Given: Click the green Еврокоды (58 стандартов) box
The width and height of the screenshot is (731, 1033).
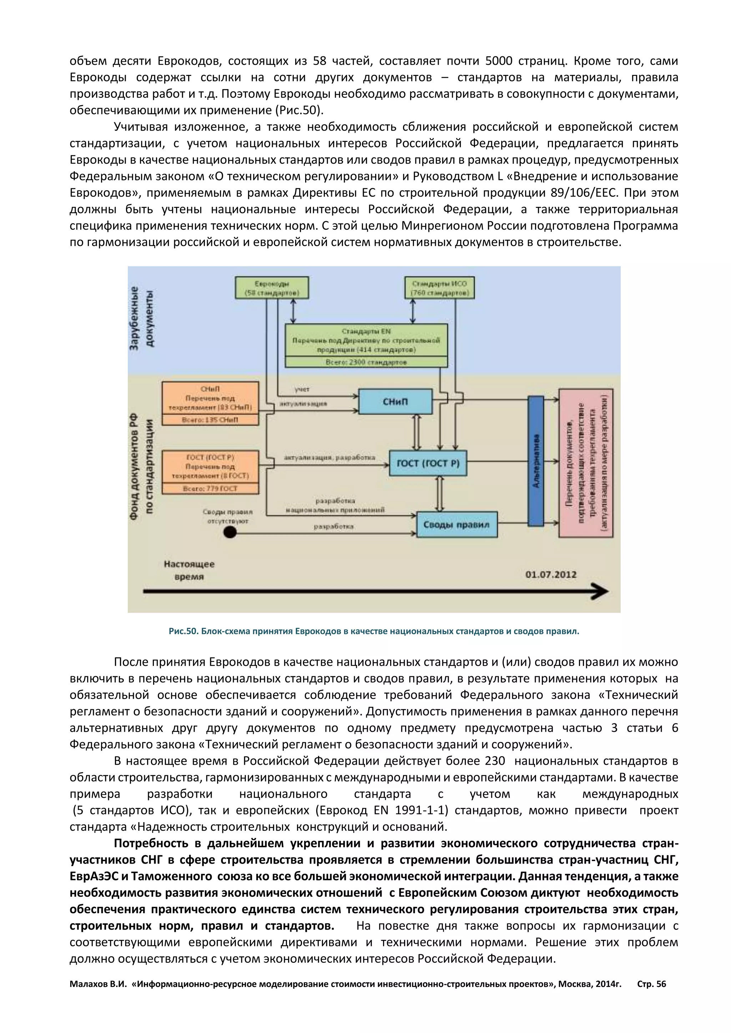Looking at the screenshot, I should coord(272,288).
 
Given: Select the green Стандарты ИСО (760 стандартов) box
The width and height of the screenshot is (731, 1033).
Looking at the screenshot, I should coord(439,288).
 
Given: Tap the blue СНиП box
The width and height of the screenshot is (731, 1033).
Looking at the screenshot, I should coord(395,401).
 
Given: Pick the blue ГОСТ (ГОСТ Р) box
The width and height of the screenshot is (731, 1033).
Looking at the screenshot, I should coord(428,463).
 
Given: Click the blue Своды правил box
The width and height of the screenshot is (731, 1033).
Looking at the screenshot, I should coord(457,525).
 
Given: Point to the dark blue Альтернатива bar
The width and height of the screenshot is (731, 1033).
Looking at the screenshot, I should coord(536,461).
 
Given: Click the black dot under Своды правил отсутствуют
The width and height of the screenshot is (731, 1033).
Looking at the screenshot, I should coord(230,533).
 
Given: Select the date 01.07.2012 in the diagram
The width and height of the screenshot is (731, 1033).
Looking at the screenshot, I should coord(550,575).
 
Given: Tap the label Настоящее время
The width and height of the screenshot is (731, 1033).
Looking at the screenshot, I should coord(189,570).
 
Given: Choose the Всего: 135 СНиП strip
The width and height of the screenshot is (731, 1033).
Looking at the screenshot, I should coord(210,420).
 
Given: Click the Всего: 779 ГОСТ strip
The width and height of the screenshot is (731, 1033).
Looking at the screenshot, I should coord(210,489).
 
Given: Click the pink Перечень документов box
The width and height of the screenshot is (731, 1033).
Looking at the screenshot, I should coord(586,463).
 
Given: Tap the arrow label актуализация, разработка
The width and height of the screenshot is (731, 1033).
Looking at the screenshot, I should coord(329,458).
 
